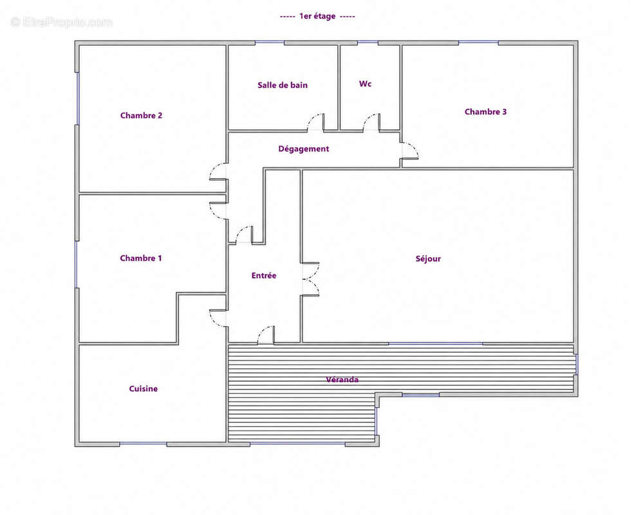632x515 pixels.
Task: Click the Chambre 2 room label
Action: point(141,115)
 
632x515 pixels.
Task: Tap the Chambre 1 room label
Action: point(141,258)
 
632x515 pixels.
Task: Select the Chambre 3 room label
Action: point(485,112)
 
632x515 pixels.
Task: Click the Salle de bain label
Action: point(282,85)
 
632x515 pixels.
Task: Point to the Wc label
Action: point(365,84)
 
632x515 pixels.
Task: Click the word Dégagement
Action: point(304,149)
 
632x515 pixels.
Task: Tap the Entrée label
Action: point(264,276)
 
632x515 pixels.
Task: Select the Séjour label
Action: point(428,259)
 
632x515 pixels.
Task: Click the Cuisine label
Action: point(143,389)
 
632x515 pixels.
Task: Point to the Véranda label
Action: point(342,380)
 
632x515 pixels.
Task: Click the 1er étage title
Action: point(317,16)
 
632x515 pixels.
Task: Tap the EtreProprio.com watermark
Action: point(61,22)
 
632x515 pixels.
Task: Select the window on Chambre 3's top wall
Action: point(478,42)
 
